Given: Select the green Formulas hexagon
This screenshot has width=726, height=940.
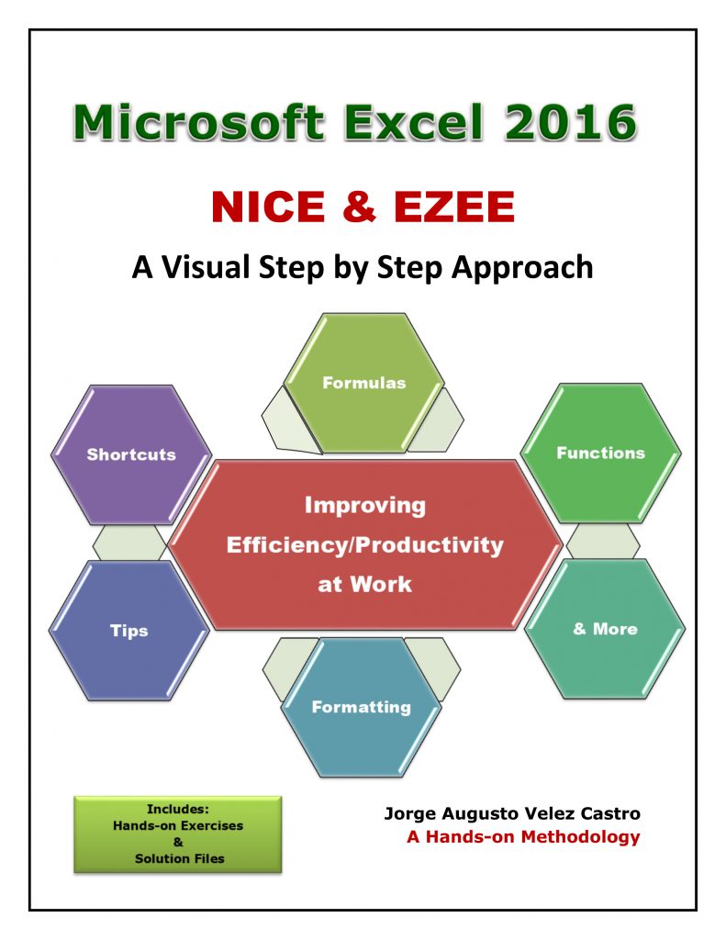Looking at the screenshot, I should pos(363,383).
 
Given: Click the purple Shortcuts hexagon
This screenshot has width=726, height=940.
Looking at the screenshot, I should pos(131,454).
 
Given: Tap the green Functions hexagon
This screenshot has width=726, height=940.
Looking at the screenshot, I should pos(600,453).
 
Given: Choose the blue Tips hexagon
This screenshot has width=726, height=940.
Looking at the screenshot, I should pos(129,631).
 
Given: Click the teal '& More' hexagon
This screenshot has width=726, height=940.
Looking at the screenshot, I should pos(604,629).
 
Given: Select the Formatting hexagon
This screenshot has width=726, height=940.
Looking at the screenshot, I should pos(361,707).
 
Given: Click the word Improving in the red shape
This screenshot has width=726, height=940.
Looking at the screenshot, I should pos(364,505).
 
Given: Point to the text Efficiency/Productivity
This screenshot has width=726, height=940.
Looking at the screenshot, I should pos(364,544).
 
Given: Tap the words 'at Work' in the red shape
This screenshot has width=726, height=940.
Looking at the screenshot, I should pos(364,584).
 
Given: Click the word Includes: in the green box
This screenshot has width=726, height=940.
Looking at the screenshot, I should pos(178,810).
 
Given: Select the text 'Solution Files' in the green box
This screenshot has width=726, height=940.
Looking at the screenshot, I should pos(178,858).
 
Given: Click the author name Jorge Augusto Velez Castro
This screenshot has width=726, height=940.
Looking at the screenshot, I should pos(512,814).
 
